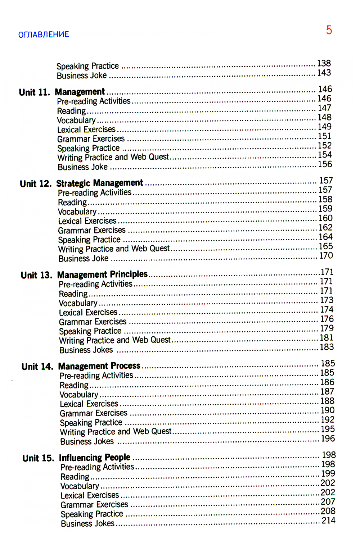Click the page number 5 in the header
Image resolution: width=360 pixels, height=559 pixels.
point(329,30)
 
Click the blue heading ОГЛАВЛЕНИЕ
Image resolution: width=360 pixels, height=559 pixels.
point(44,35)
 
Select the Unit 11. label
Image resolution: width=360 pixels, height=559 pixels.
point(34,92)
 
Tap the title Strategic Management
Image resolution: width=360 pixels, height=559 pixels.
point(99,183)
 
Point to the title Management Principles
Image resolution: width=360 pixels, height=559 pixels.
point(102,274)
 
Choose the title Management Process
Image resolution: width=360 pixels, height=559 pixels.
point(99,366)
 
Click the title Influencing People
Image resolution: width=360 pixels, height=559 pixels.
point(95,458)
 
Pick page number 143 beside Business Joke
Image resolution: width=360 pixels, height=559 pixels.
point(324,73)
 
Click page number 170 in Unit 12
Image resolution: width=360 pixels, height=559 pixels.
point(326,256)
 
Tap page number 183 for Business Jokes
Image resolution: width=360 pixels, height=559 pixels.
point(327,347)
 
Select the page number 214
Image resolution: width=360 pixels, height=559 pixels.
point(328,521)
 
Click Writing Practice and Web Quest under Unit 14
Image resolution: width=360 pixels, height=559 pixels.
point(116,432)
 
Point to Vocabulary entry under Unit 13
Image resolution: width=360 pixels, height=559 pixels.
point(78,303)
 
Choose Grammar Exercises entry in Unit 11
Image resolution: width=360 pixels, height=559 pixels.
point(91,139)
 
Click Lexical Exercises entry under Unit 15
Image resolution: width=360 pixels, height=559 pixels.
point(90,495)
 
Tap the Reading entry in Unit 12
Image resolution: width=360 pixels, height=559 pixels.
point(72,203)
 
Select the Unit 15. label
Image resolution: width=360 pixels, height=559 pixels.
point(38,458)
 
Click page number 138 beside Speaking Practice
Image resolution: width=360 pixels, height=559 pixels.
point(324,64)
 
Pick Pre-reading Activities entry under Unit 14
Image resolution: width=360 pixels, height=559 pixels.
point(96,376)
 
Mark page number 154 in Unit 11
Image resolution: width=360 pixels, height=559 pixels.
point(324,155)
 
